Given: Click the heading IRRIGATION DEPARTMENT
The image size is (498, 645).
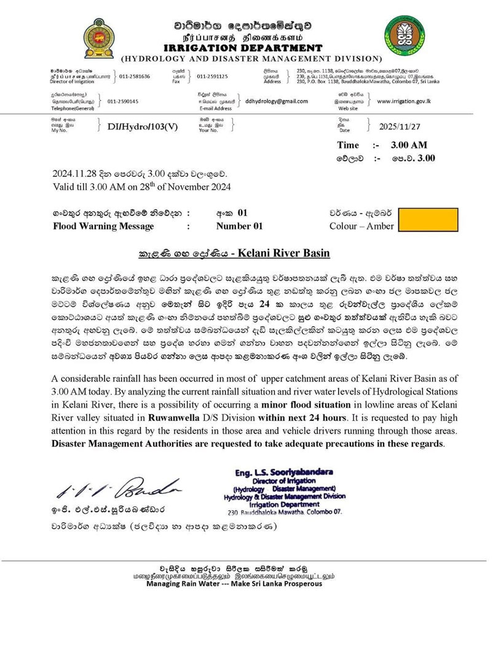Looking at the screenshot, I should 242,48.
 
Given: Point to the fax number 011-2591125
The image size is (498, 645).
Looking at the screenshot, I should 212,77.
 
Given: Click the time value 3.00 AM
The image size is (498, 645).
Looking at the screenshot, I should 412,145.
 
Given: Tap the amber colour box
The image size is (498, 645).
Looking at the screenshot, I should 428,220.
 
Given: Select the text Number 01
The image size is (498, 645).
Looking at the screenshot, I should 239,226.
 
